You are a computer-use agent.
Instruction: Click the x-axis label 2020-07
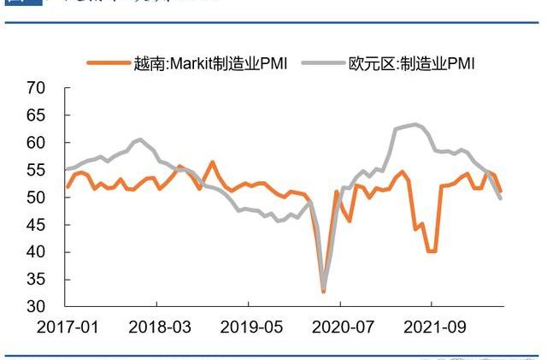339,327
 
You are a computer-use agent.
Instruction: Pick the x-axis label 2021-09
431,327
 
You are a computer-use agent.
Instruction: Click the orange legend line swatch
109,62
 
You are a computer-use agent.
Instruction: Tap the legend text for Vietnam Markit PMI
210,62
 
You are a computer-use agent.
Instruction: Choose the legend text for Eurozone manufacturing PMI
411,62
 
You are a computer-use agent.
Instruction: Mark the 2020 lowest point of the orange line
323,292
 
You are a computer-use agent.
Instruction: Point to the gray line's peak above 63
415,124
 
